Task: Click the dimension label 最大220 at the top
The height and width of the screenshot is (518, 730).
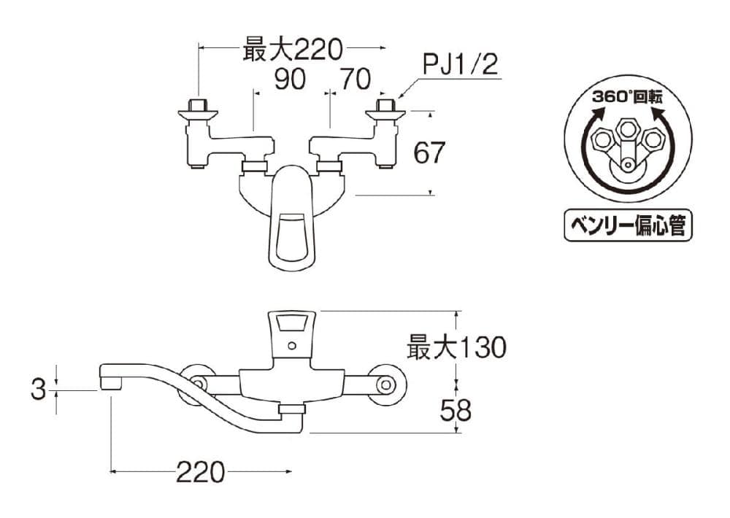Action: click(x=293, y=50)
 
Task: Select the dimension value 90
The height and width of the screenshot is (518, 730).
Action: click(x=290, y=79)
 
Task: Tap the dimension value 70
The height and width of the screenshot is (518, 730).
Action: click(x=356, y=79)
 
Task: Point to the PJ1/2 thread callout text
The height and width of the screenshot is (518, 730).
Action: click(x=460, y=64)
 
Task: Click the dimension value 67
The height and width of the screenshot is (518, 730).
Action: click(x=429, y=152)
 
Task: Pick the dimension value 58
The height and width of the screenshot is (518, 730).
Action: click(x=456, y=411)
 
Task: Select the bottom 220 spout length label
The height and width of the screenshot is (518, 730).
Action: click(x=201, y=473)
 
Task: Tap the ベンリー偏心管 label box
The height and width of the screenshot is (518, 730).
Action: click(x=628, y=225)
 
